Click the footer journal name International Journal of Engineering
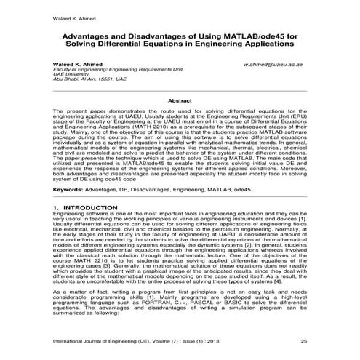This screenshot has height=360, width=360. (105, 340)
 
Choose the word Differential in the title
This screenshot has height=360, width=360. (145, 44)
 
